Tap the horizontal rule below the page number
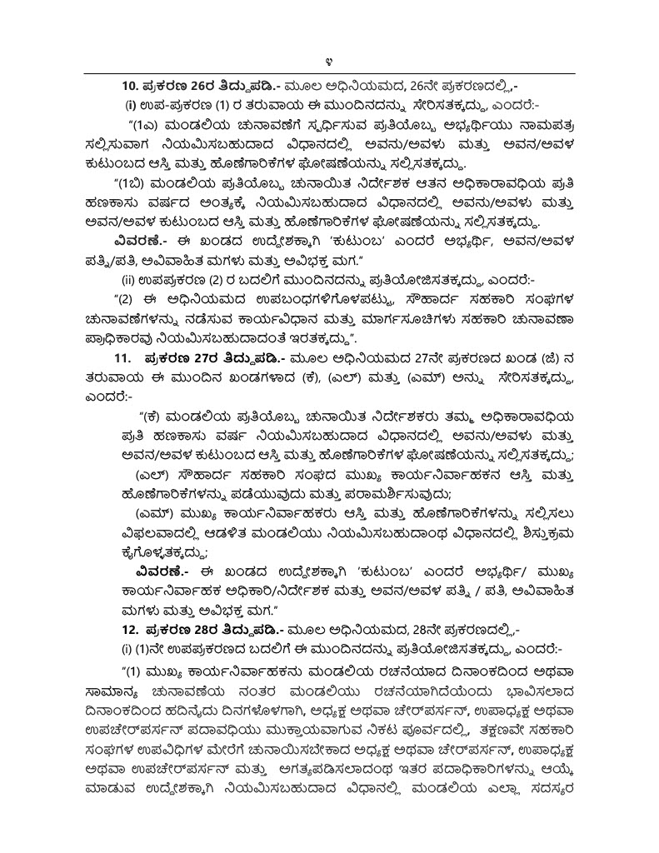pos(330,74)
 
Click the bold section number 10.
pos(132,85)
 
